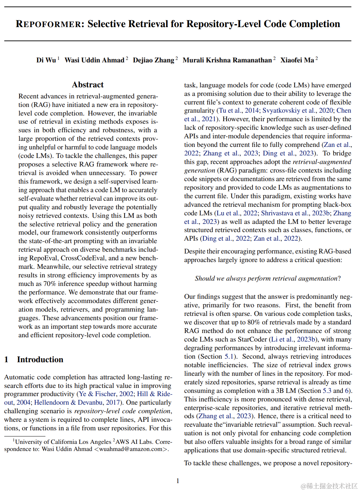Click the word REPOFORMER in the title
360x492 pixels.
[x=48, y=24]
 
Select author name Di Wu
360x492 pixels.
[x=46, y=60]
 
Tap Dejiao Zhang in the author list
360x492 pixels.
[x=153, y=60]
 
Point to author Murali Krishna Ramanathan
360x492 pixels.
[x=227, y=60]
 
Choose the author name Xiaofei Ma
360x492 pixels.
[x=297, y=60]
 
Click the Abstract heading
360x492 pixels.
[x=88, y=85]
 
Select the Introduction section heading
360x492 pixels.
[x=40, y=359]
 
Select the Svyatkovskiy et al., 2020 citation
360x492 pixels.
[x=298, y=111]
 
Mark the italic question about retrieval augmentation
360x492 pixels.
[x=268, y=278]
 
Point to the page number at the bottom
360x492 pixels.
[x=178, y=481]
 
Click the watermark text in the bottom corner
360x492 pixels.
[x=329, y=486]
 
